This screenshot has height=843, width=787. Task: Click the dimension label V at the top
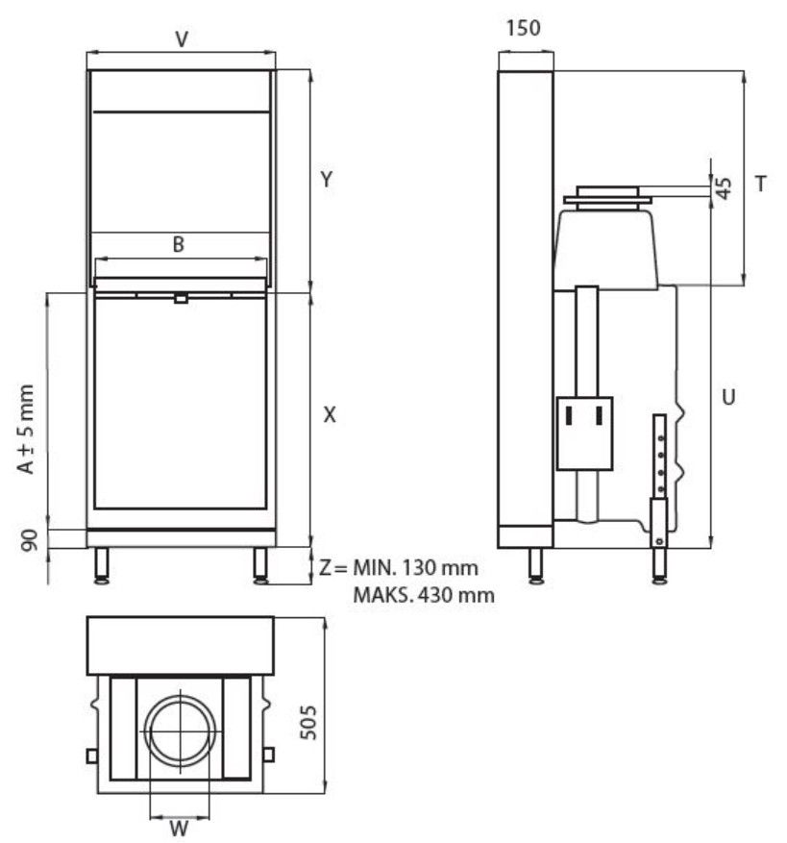(x=181, y=39)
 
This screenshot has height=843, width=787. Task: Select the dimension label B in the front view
(x=178, y=244)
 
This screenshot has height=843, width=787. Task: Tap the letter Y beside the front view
(x=327, y=180)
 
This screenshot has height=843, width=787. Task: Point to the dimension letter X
(x=330, y=414)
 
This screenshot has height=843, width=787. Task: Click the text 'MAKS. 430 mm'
(x=424, y=595)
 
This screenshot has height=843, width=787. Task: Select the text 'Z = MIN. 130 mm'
(x=398, y=567)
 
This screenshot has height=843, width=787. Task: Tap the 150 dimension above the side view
(x=523, y=29)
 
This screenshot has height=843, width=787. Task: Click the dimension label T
(x=760, y=184)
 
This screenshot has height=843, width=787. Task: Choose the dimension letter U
(x=728, y=395)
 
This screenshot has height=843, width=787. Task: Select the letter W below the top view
(x=179, y=827)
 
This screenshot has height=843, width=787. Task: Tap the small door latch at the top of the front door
(x=180, y=298)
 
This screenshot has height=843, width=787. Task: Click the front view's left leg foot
(x=100, y=578)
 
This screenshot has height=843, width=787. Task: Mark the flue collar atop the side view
(x=607, y=195)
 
